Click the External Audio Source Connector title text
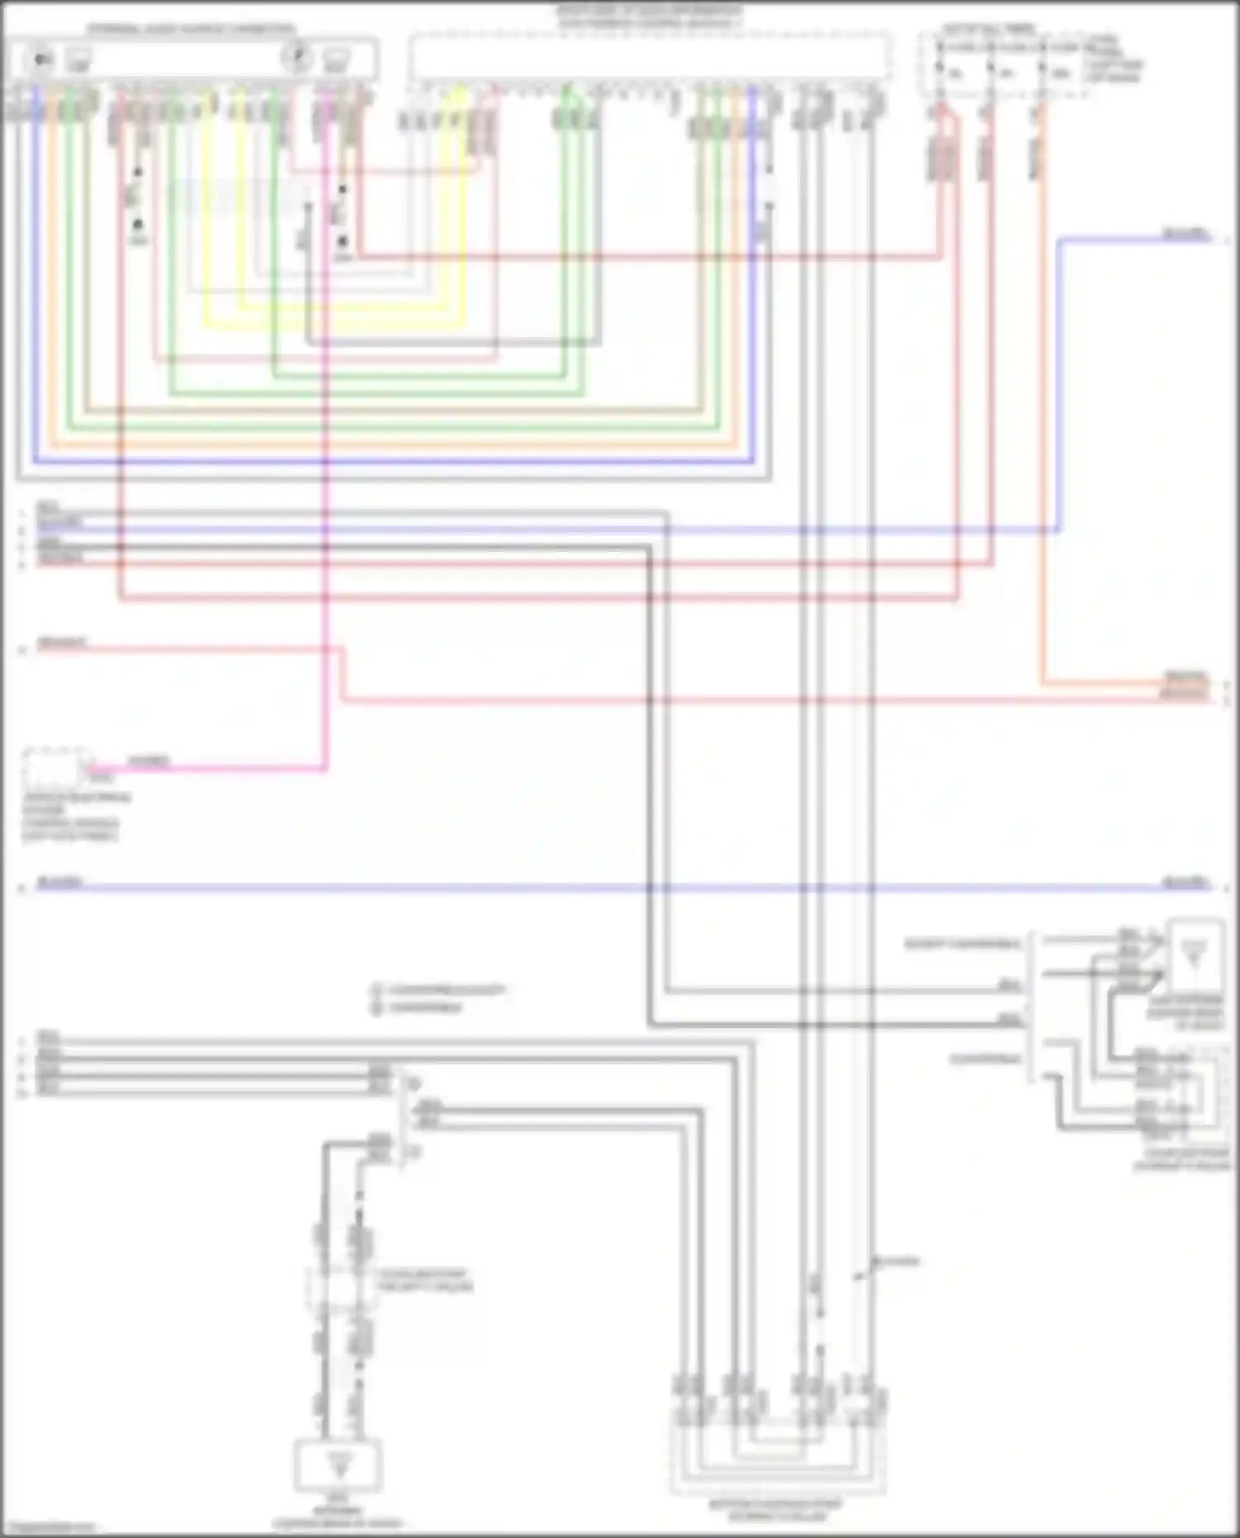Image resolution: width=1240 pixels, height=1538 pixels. [x=192, y=30]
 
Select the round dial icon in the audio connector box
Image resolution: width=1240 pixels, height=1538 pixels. [x=297, y=57]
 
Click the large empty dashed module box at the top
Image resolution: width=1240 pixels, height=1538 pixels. [x=651, y=58]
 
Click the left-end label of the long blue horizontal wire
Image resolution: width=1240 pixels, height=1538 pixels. [x=60, y=882]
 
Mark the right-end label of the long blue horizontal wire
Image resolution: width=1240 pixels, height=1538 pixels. [x=1185, y=882]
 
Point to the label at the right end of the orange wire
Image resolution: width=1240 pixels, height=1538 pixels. [x=1185, y=678]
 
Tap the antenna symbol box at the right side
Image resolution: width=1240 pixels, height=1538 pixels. [x=1194, y=955]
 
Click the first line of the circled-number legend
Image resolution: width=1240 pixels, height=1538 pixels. [x=438, y=989]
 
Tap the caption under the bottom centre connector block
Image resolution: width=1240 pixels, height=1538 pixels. [x=775, y=1510]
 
